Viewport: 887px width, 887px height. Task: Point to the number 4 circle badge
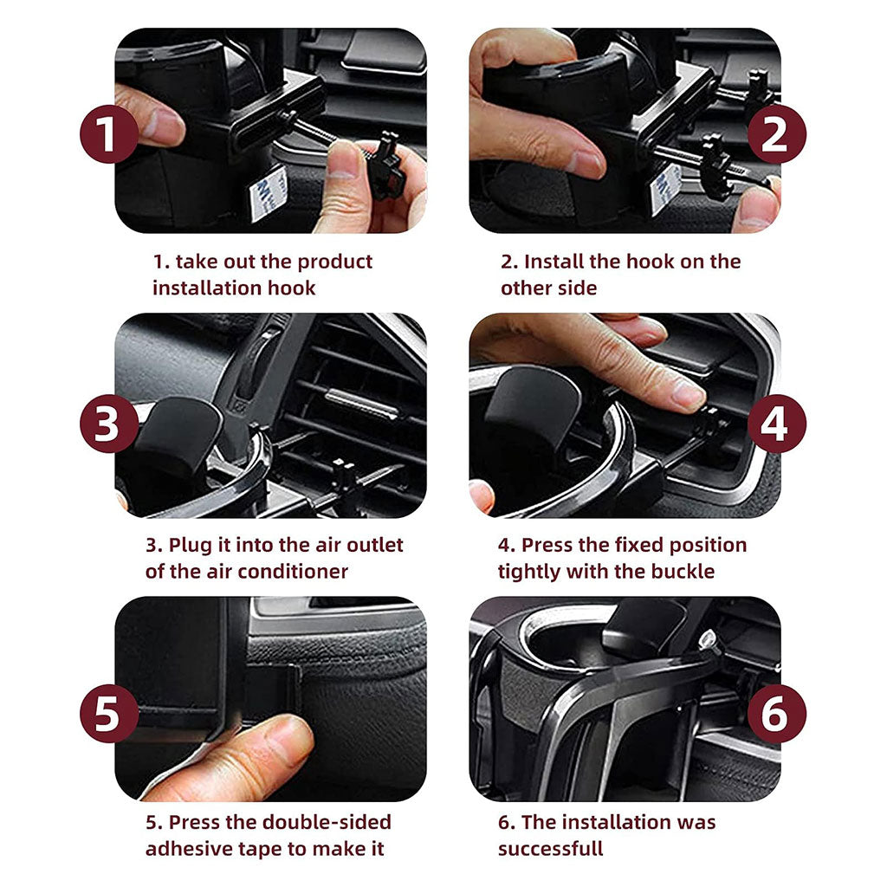coord(776,424)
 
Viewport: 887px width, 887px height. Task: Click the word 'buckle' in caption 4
coord(683,572)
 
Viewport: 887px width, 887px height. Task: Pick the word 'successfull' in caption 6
coord(550,849)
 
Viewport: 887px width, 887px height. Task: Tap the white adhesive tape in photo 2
coord(665,187)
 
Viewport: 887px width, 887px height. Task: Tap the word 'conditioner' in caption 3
coord(295,572)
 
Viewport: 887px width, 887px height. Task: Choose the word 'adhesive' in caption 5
coord(185,849)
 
